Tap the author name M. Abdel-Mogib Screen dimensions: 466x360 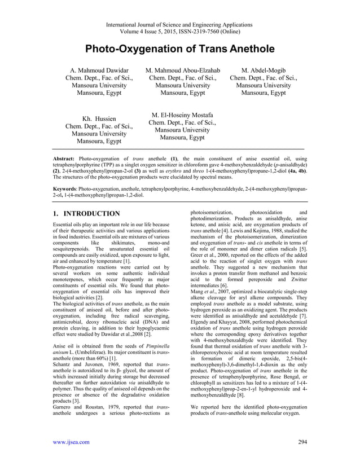click(264, 71)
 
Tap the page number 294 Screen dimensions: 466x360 click(303, 442)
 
